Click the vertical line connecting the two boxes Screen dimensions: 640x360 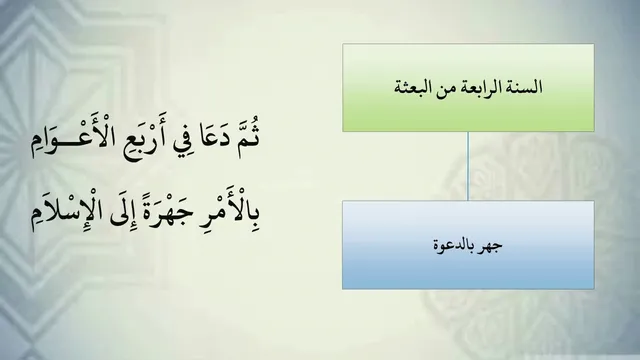coord(468,166)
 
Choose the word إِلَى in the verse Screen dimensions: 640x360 coord(123,214)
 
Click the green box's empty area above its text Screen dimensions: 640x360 coord(468,61)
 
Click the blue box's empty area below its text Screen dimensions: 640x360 coord(468,271)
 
